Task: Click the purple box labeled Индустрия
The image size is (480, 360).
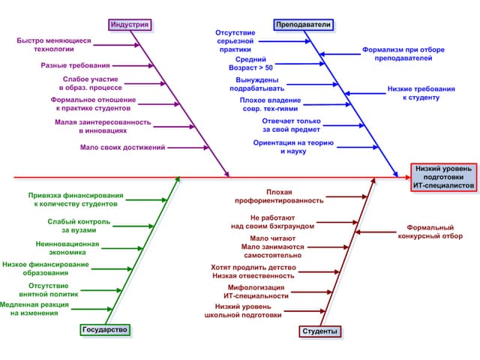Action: click(x=129, y=25)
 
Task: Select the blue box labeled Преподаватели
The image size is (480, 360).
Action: click(x=303, y=25)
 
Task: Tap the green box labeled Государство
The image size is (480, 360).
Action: click(x=104, y=329)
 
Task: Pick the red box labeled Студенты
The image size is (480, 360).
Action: click(x=319, y=331)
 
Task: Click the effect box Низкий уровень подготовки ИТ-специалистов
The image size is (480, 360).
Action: click(x=444, y=176)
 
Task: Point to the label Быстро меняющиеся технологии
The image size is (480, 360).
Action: click(x=53, y=44)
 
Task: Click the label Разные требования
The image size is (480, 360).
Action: click(x=75, y=66)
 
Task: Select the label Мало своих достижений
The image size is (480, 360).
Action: click(x=122, y=148)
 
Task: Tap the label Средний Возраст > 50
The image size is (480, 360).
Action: click(x=254, y=63)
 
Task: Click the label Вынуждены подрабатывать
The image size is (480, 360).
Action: click(x=257, y=84)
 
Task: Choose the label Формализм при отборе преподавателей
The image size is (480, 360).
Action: click(x=403, y=53)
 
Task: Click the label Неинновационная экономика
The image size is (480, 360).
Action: click(x=67, y=248)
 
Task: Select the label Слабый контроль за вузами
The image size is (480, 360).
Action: click(x=79, y=226)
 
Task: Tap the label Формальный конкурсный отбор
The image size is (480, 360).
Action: click(x=435, y=231)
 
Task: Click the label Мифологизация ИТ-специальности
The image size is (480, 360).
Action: click(x=256, y=291)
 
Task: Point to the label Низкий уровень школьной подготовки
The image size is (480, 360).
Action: click(x=243, y=310)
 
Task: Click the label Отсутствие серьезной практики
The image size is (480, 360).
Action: click(x=235, y=41)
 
